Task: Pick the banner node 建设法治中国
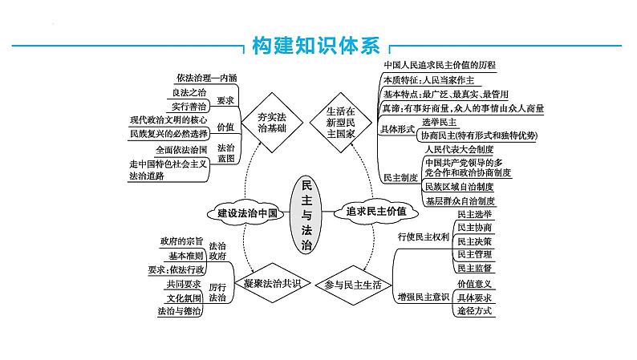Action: click(245, 213)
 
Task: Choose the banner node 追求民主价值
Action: click(371, 213)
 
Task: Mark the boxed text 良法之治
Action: click(189, 92)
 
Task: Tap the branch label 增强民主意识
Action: click(424, 297)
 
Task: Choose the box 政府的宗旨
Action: click(180, 241)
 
